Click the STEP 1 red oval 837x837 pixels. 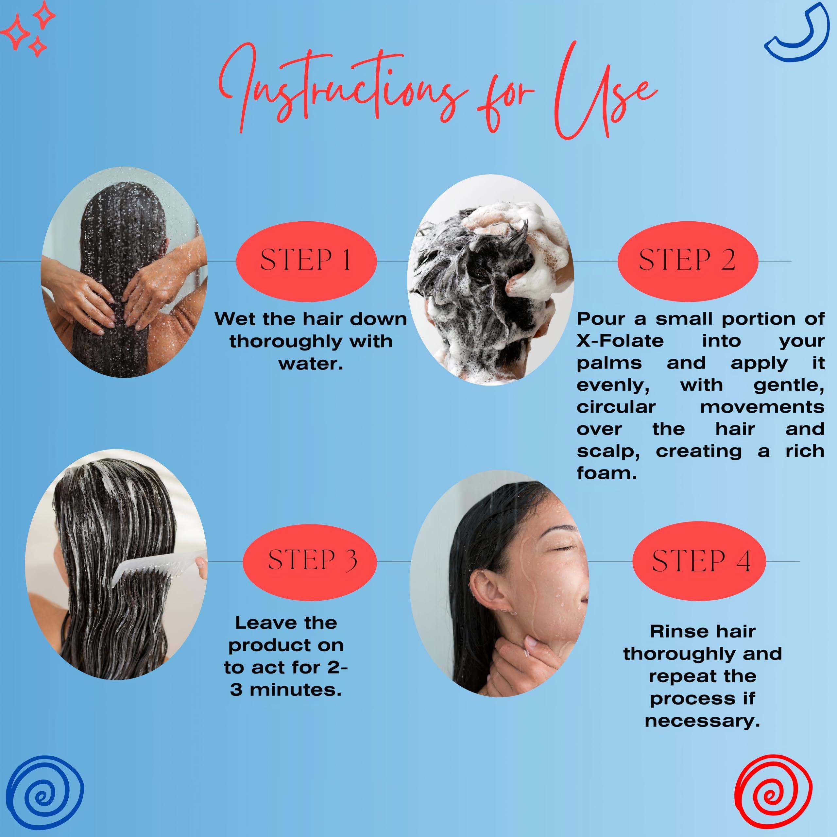[x=306, y=261]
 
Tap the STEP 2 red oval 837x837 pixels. [x=688, y=261]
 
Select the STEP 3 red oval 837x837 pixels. [x=310, y=562]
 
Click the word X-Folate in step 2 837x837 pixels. [x=620, y=341]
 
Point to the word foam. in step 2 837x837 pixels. [x=606, y=473]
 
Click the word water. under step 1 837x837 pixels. [x=311, y=364]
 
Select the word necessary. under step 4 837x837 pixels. [x=702, y=721]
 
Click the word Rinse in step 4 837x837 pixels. [x=671, y=631]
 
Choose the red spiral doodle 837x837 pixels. [x=773, y=796]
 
